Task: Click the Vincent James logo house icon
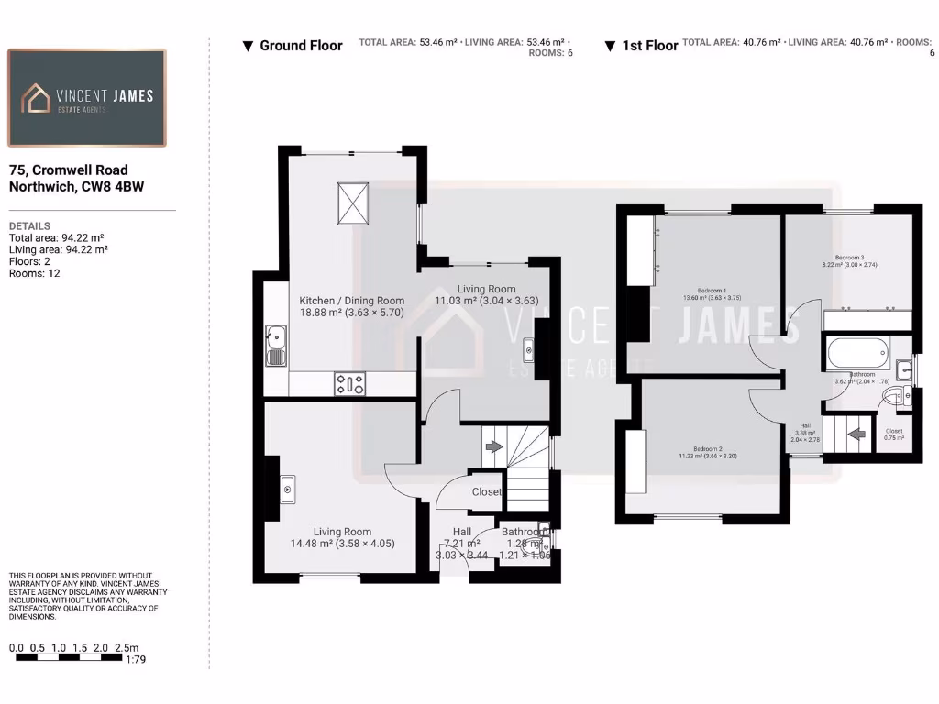(37, 98)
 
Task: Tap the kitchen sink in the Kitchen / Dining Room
(275, 345)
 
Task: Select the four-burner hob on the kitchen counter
(349, 383)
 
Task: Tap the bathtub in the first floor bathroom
(856, 352)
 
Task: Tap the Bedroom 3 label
(849, 258)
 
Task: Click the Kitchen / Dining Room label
(351, 300)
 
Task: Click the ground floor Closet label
(486, 492)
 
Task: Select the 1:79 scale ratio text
(135, 659)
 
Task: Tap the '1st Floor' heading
(649, 46)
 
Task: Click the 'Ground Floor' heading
(301, 46)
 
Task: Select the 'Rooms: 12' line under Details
(35, 273)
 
